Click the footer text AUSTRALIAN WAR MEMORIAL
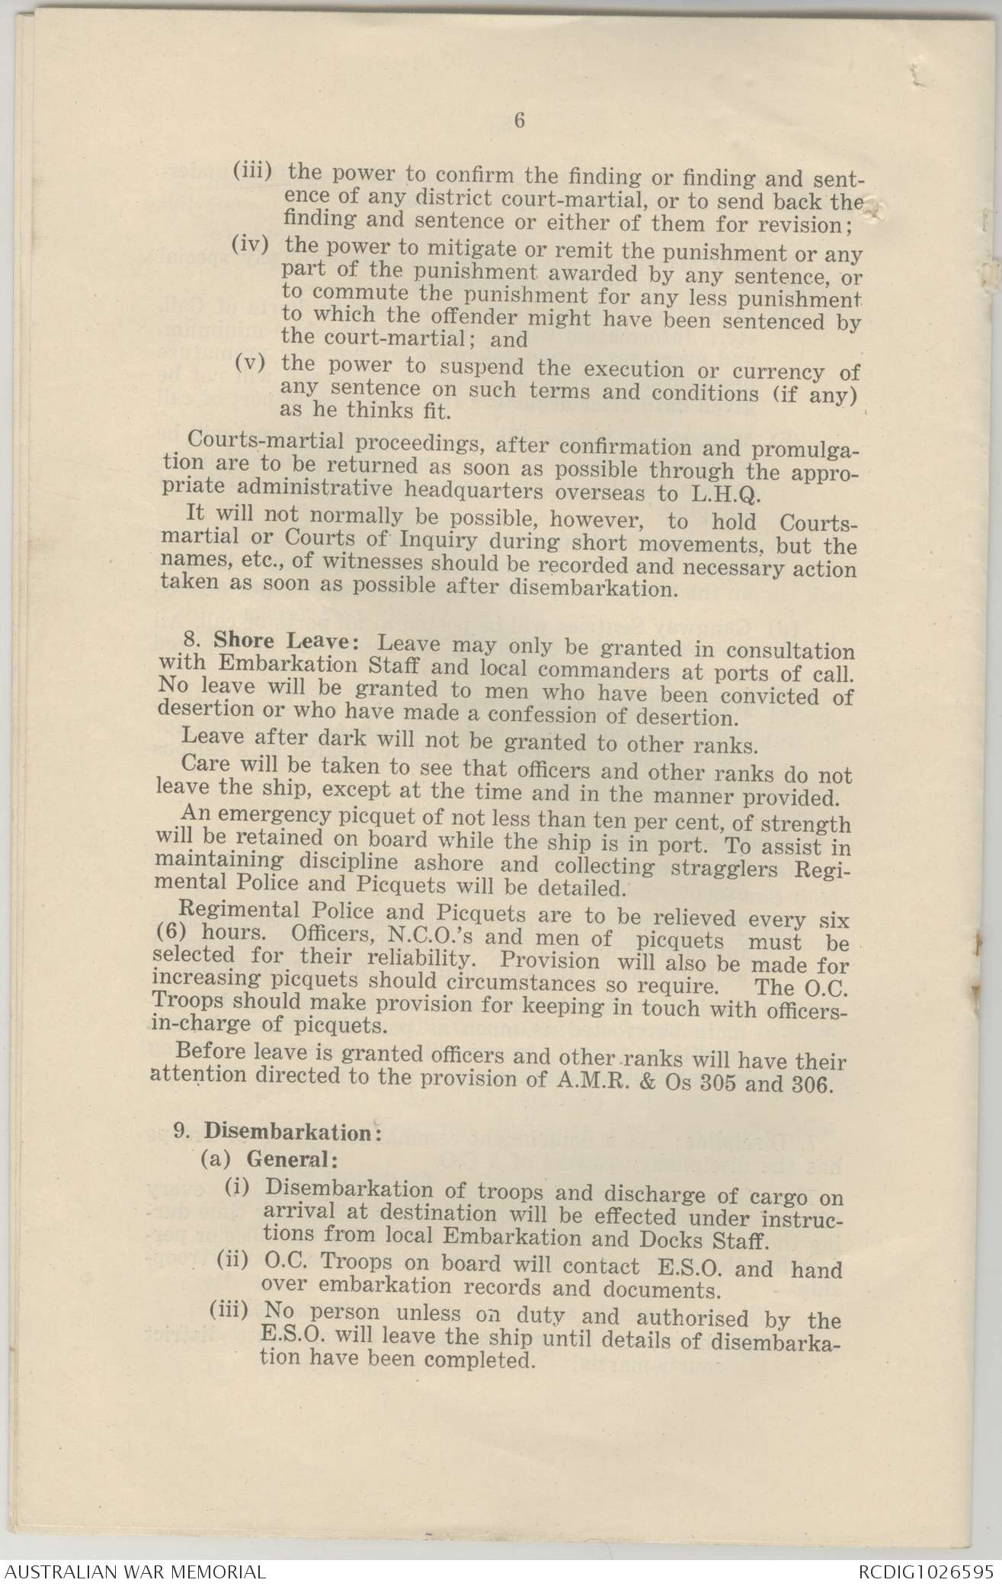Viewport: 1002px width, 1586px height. [134, 1572]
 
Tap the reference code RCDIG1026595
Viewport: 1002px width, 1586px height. [925, 1572]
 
